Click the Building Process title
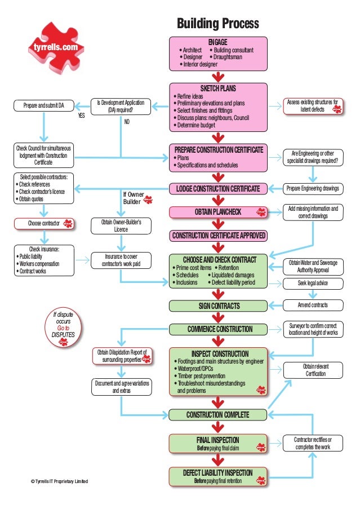217,24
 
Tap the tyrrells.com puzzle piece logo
55,48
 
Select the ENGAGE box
217,53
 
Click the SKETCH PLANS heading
217,88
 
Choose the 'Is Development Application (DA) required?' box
121,107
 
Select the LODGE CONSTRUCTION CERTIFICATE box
217,188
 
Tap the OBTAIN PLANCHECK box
217,212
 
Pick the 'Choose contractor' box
44,224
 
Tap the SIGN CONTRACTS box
217,306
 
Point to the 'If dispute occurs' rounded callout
63,326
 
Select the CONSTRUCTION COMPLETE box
217,415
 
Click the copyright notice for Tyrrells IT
59,481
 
